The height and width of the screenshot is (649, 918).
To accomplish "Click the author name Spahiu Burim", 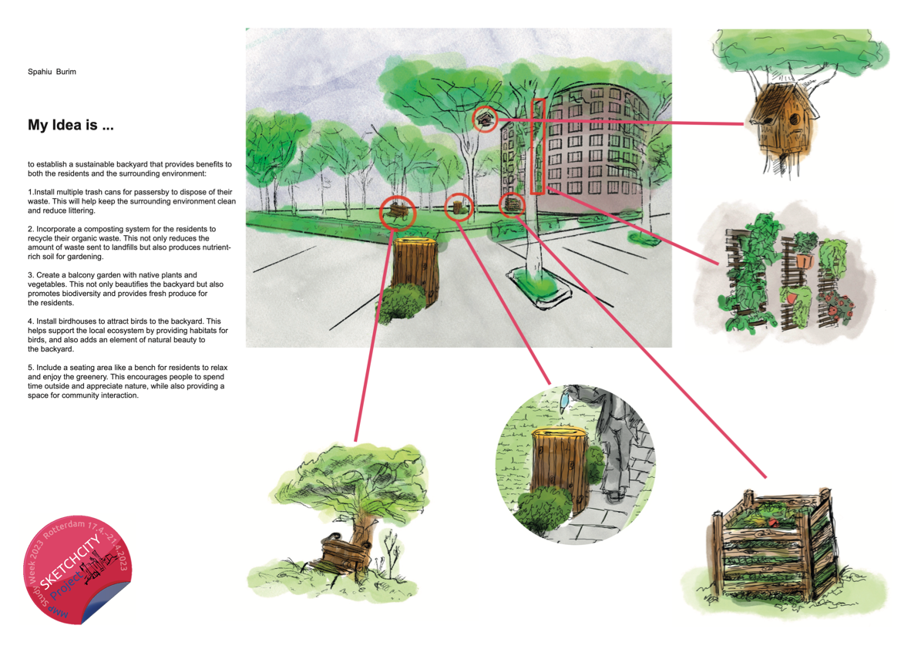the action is click(x=52, y=72).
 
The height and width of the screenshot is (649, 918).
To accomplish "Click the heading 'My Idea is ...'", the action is click(x=70, y=125).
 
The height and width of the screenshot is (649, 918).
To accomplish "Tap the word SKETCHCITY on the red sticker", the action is click(x=69, y=563).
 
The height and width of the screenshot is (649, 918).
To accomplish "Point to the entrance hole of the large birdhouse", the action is click(x=795, y=119).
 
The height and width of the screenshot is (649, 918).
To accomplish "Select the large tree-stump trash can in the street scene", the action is click(x=415, y=271).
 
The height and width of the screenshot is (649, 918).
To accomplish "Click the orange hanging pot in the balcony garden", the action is click(x=805, y=260).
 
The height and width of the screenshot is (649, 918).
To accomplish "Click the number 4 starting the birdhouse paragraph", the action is click(x=30, y=321).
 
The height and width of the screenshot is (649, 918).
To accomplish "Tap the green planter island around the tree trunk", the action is click(x=540, y=288).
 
